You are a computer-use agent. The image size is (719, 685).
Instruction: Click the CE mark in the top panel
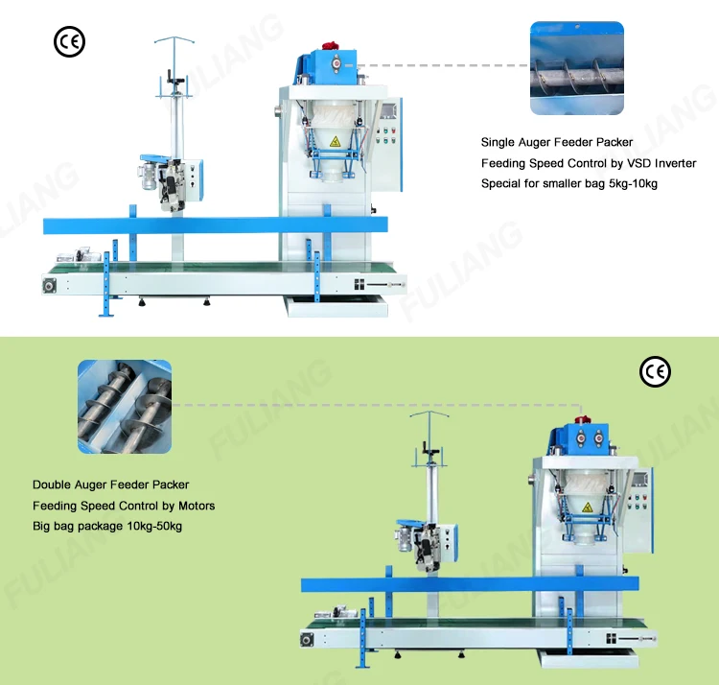(x=69, y=41)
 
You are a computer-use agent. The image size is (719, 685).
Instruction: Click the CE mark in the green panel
(x=655, y=371)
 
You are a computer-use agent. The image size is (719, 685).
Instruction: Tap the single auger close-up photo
(x=577, y=68)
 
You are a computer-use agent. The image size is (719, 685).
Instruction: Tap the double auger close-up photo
(x=125, y=406)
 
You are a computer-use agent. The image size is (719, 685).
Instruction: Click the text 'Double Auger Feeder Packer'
(x=110, y=485)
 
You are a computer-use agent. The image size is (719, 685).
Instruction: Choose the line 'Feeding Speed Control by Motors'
(x=124, y=506)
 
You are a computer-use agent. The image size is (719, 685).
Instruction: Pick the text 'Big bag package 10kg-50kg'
(x=107, y=526)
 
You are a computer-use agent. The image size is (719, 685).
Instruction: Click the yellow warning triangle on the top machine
(x=335, y=141)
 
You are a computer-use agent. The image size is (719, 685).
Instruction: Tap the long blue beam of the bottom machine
(x=475, y=584)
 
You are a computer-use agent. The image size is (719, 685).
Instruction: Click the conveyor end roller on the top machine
(x=49, y=285)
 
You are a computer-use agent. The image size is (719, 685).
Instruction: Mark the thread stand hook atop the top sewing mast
(x=174, y=43)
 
